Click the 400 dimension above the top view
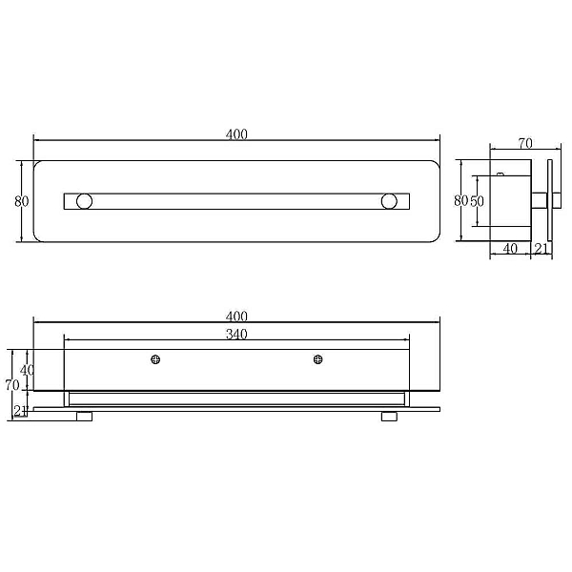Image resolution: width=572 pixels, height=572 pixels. click(x=236, y=134)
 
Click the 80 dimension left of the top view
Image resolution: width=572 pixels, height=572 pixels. click(x=22, y=201)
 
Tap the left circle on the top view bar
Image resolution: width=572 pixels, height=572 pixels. click(x=84, y=201)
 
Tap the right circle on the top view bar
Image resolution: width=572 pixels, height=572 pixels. click(x=389, y=201)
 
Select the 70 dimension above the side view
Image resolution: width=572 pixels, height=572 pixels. click(x=525, y=144)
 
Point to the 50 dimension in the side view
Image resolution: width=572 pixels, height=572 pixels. click(x=477, y=201)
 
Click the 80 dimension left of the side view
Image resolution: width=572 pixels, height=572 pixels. click(x=461, y=200)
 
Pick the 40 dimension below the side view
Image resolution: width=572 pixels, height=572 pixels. click(x=510, y=249)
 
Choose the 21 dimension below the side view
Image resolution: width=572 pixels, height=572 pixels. click(x=541, y=249)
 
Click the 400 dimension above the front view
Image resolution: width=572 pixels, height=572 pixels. click(x=236, y=316)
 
